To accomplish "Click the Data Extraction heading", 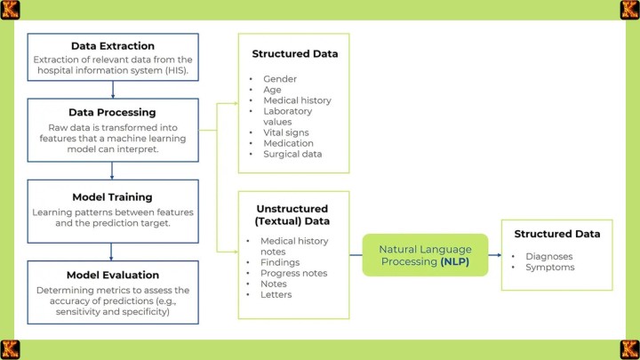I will [x=112, y=46].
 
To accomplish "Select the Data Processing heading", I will [x=112, y=113].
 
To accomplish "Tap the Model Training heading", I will [x=112, y=196].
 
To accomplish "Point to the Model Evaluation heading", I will [x=112, y=275].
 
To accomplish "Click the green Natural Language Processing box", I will [x=425, y=255].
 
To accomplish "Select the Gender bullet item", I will [x=280, y=79].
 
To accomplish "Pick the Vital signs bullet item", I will [x=286, y=132].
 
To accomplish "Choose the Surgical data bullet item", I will [x=292, y=154].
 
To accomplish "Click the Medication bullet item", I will [x=288, y=143].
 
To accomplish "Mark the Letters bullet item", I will [x=276, y=294].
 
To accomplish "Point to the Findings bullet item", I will [x=280, y=262].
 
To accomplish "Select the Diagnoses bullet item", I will [x=548, y=256].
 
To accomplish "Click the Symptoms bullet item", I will [x=549, y=267].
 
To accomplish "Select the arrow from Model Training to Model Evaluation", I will [x=112, y=251].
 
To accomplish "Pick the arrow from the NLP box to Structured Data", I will [x=495, y=255].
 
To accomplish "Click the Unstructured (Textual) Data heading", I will [x=292, y=215].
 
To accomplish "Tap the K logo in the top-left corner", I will [x=10, y=10].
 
